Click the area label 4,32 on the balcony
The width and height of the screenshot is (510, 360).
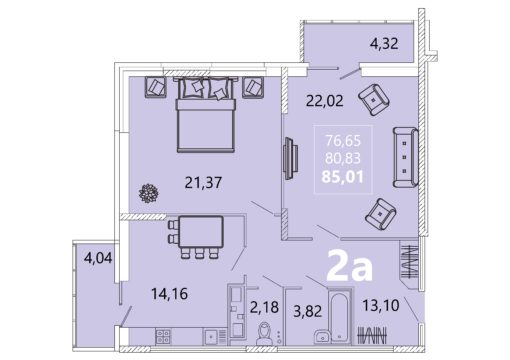(x=384, y=44)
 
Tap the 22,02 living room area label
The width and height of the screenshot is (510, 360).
(x=325, y=100)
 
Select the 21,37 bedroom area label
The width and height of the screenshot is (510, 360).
(x=203, y=183)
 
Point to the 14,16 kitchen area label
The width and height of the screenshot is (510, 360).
(x=169, y=294)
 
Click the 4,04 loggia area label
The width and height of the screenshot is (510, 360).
(x=98, y=258)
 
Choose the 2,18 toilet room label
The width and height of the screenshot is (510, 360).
(x=264, y=307)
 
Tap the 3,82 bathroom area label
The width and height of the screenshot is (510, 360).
(x=307, y=311)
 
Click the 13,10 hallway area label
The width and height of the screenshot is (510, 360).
(x=381, y=305)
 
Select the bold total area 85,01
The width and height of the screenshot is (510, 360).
(x=342, y=177)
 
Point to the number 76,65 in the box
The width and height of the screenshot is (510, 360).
(x=343, y=141)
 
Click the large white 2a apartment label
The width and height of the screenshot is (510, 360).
(x=349, y=266)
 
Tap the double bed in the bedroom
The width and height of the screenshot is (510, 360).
(x=206, y=114)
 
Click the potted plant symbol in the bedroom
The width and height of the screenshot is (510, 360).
(x=148, y=193)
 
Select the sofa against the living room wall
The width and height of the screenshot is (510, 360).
(x=405, y=157)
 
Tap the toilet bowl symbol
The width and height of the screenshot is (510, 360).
(x=264, y=334)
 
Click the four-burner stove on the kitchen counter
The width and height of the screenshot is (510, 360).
(x=163, y=336)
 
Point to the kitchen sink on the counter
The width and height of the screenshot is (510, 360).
(x=211, y=337)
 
